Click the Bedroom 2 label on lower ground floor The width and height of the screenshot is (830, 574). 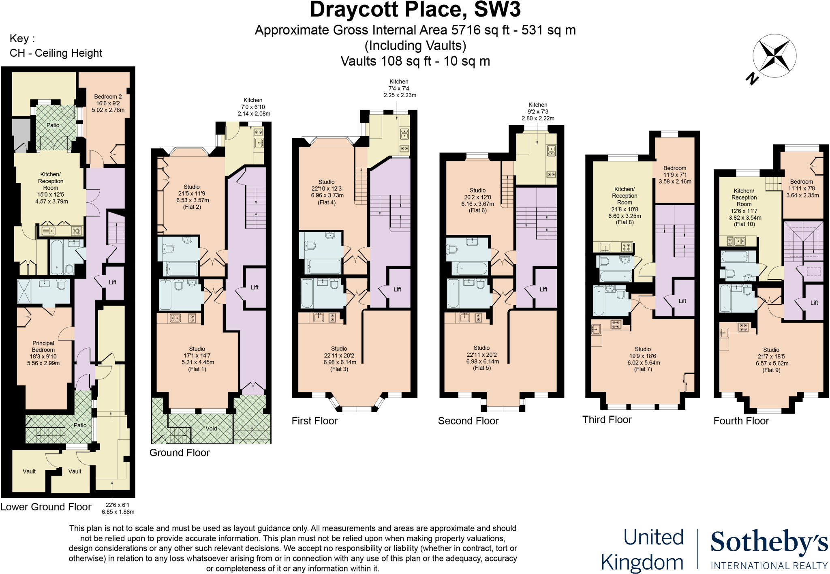(x=108, y=103)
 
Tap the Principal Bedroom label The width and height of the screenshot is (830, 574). (x=43, y=353)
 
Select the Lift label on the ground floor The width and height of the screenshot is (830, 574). (x=255, y=287)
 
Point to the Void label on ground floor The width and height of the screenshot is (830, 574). (x=211, y=428)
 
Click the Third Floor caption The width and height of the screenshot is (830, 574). (x=607, y=420)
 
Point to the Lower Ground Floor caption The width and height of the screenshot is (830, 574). (x=46, y=507)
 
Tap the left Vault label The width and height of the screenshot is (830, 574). (x=29, y=471)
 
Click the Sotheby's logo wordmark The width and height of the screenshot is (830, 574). (x=769, y=543)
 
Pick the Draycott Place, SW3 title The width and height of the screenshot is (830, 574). (x=415, y=10)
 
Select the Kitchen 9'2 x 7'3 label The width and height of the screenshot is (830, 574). (x=538, y=111)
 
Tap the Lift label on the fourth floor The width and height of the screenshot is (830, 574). (x=814, y=303)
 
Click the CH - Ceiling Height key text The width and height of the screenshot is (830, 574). (x=56, y=53)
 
